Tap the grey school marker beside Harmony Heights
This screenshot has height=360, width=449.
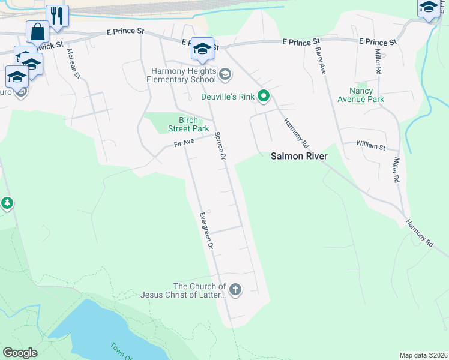tap(225, 74)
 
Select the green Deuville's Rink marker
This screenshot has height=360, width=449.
tap(263, 95)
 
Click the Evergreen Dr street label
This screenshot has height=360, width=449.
tap(206, 230)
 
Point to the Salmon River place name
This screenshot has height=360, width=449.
tap(298, 156)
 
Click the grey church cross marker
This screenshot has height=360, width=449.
tap(235, 290)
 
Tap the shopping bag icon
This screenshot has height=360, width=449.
tap(37, 31)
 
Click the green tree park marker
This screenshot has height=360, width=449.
tap(7, 203)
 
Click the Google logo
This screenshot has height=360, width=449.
tap(20, 353)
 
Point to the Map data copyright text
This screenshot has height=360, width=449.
tap(423, 355)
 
